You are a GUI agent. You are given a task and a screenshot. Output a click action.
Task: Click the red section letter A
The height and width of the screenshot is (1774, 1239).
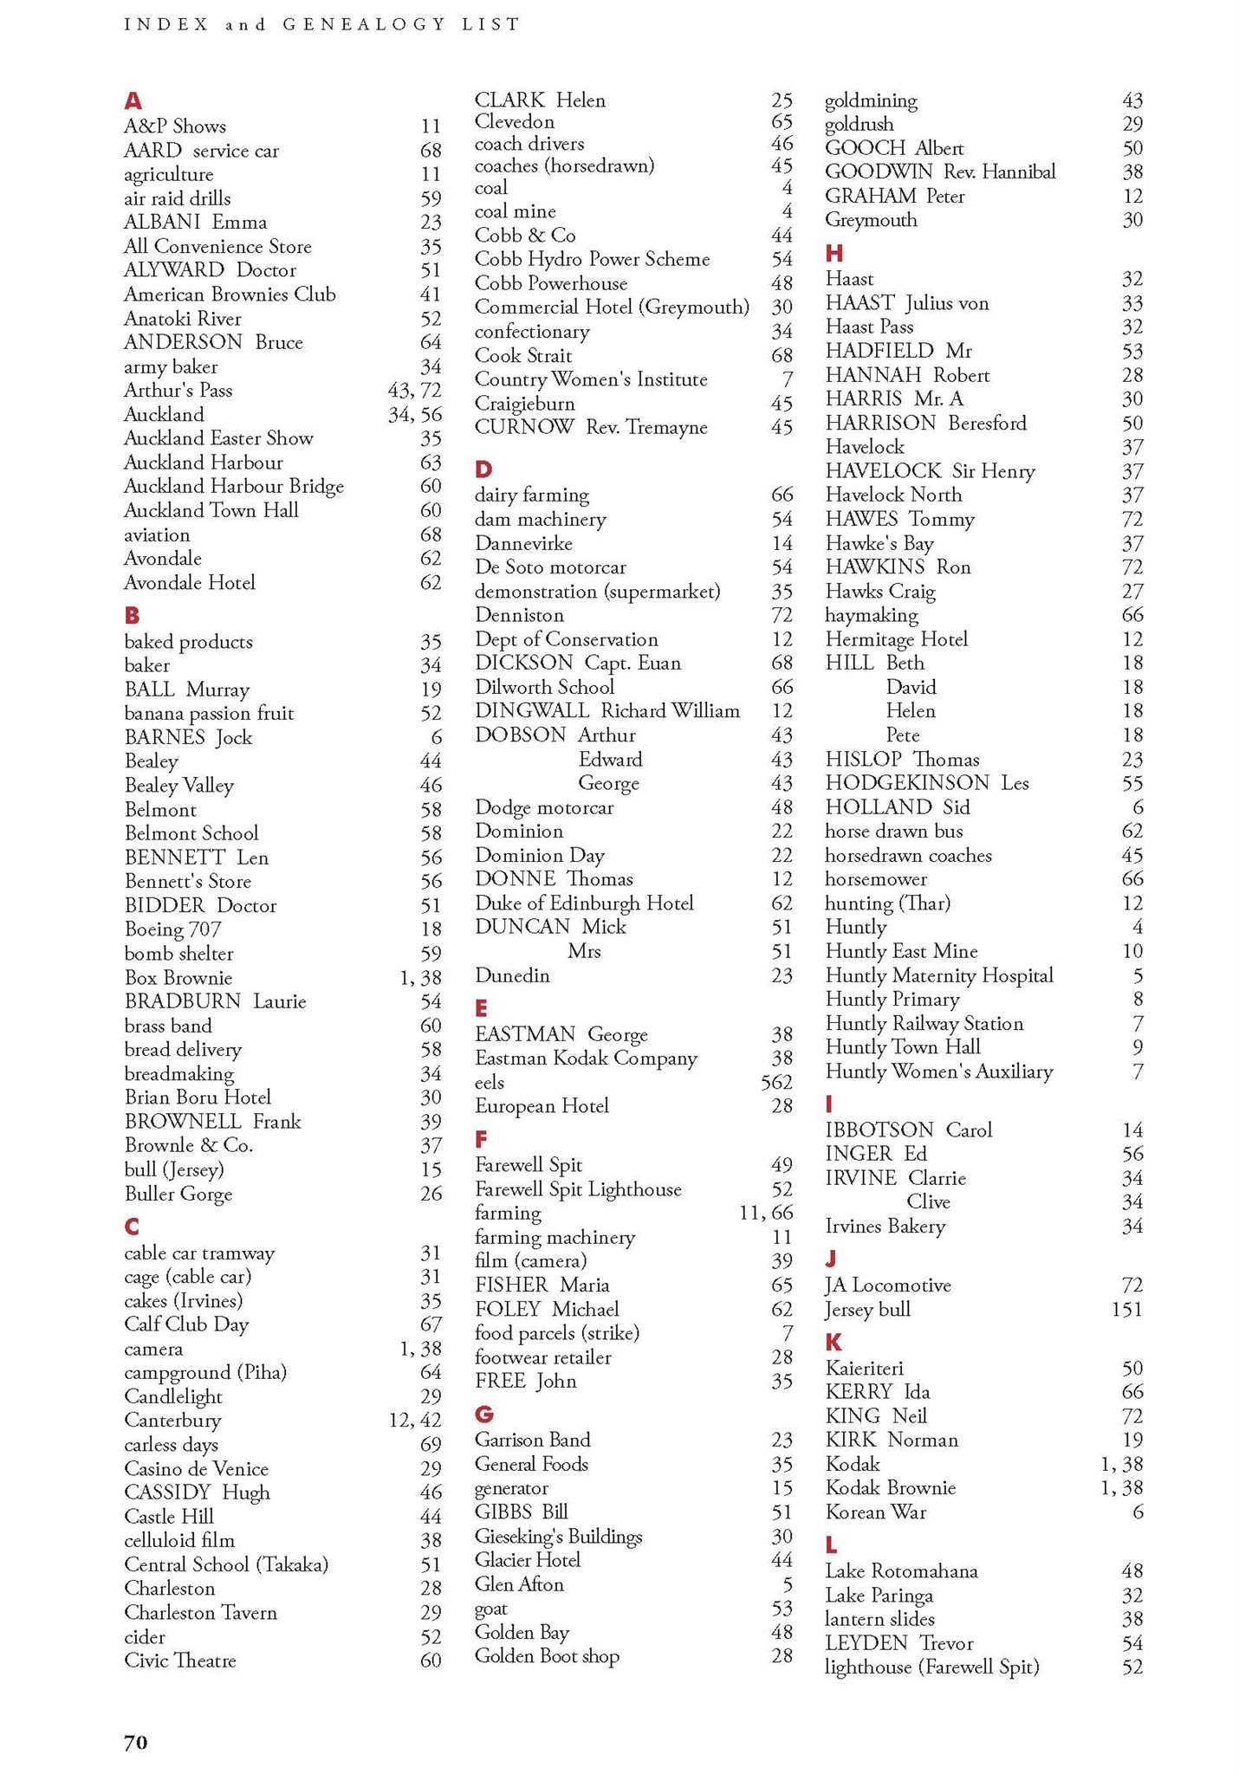133,100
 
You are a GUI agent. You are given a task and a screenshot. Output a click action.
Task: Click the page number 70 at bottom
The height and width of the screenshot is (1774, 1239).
135,1742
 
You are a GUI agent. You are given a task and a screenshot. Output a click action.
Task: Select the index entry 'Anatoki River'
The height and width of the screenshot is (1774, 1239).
182,318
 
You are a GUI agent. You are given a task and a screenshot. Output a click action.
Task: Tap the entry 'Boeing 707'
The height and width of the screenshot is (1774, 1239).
172,929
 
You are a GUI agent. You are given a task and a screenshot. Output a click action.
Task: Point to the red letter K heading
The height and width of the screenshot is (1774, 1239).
834,1343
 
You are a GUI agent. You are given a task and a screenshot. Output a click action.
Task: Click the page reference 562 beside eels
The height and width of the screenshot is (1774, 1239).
775,1082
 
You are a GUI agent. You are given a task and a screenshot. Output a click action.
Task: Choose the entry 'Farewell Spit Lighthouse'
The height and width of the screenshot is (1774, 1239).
578,1189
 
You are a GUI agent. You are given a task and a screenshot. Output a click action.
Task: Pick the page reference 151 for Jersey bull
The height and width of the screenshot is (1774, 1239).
1126,1309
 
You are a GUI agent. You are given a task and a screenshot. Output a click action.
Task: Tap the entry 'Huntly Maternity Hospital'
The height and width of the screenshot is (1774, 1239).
939,975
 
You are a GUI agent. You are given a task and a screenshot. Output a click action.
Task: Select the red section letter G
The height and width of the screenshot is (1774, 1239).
483,1415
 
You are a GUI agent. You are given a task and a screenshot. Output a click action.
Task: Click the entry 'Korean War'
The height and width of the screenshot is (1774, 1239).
875,1512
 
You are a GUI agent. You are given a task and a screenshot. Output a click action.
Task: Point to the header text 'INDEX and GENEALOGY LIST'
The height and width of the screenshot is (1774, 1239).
321,24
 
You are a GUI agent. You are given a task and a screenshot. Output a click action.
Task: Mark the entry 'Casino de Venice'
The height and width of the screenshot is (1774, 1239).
196,1469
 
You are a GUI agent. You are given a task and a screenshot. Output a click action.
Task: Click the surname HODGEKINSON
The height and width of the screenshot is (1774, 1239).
907,783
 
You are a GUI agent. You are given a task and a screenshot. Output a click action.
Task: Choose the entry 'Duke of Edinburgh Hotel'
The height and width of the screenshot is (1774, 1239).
584,903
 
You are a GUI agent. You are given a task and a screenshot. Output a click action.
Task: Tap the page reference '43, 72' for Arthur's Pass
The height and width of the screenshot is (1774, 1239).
414,391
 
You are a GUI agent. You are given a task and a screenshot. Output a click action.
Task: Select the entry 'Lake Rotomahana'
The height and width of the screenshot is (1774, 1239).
901,1571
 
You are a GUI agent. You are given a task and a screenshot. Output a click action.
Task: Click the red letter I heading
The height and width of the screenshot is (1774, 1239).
829,1104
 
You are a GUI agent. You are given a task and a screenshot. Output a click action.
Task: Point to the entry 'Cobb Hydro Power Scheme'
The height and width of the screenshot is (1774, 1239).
592,259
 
